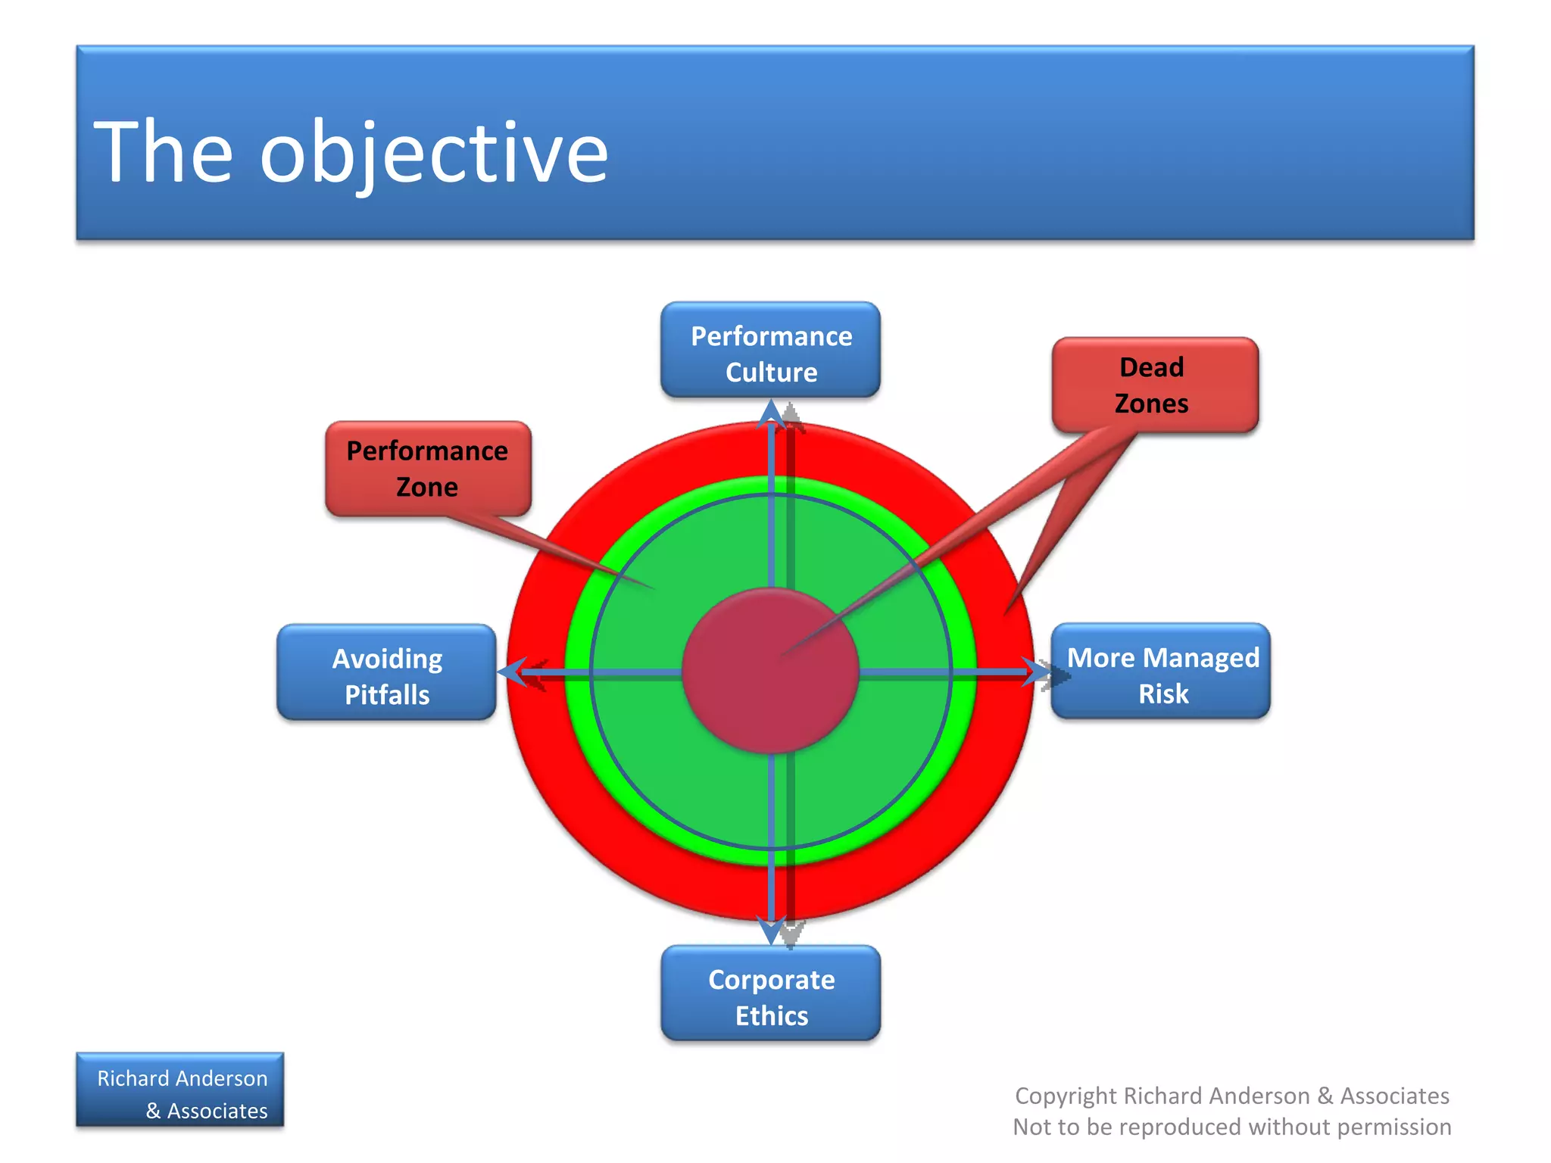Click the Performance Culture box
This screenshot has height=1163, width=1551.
click(x=770, y=351)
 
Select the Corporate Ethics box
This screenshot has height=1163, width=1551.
click(x=770, y=994)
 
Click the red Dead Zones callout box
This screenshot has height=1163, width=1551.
click(x=1155, y=385)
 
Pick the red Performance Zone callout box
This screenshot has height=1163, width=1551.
click(x=428, y=469)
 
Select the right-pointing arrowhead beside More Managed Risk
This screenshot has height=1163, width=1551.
click(x=1035, y=672)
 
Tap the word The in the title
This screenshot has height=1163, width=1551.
click(x=163, y=152)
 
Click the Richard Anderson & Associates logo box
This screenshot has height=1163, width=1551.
click(x=180, y=1091)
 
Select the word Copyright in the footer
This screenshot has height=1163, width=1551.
click(x=1066, y=1096)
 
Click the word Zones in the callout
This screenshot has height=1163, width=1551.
click(x=1151, y=404)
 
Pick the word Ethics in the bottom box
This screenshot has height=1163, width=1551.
click(x=772, y=1016)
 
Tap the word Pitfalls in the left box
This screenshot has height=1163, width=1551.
click(x=387, y=695)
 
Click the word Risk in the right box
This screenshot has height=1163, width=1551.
click(x=1163, y=694)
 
